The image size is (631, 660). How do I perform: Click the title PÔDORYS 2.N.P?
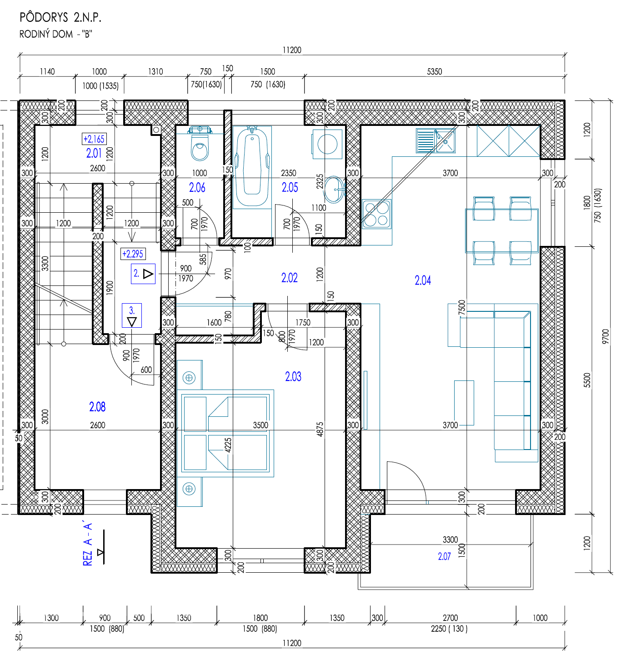tap(60, 17)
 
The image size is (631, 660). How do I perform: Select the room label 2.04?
tap(422, 280)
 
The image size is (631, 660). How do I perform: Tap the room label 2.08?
tap(97, 407)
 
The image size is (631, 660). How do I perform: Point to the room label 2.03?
tap(293, 376)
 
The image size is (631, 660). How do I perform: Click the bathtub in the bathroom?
tap(252, 167)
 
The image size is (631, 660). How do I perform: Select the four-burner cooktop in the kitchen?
tap(376, 214)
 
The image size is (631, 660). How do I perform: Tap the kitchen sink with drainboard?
tap(436, 140)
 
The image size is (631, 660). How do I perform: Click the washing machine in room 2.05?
tap(327, 144)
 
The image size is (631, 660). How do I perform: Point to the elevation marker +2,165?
tap(94, 139)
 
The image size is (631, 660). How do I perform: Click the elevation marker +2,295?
tap(133, 254)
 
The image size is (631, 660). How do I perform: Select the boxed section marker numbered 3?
tap(132, 315)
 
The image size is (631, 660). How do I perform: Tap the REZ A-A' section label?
tap(88, 545)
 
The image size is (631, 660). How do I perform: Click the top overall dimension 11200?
tap(292, 50)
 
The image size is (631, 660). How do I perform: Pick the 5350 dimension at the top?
tap(434, 71)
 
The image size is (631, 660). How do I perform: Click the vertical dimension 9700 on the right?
tap(606, 336)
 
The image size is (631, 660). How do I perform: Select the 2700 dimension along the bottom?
tap(450, 618)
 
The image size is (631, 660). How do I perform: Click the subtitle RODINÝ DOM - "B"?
tap(55, 34)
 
